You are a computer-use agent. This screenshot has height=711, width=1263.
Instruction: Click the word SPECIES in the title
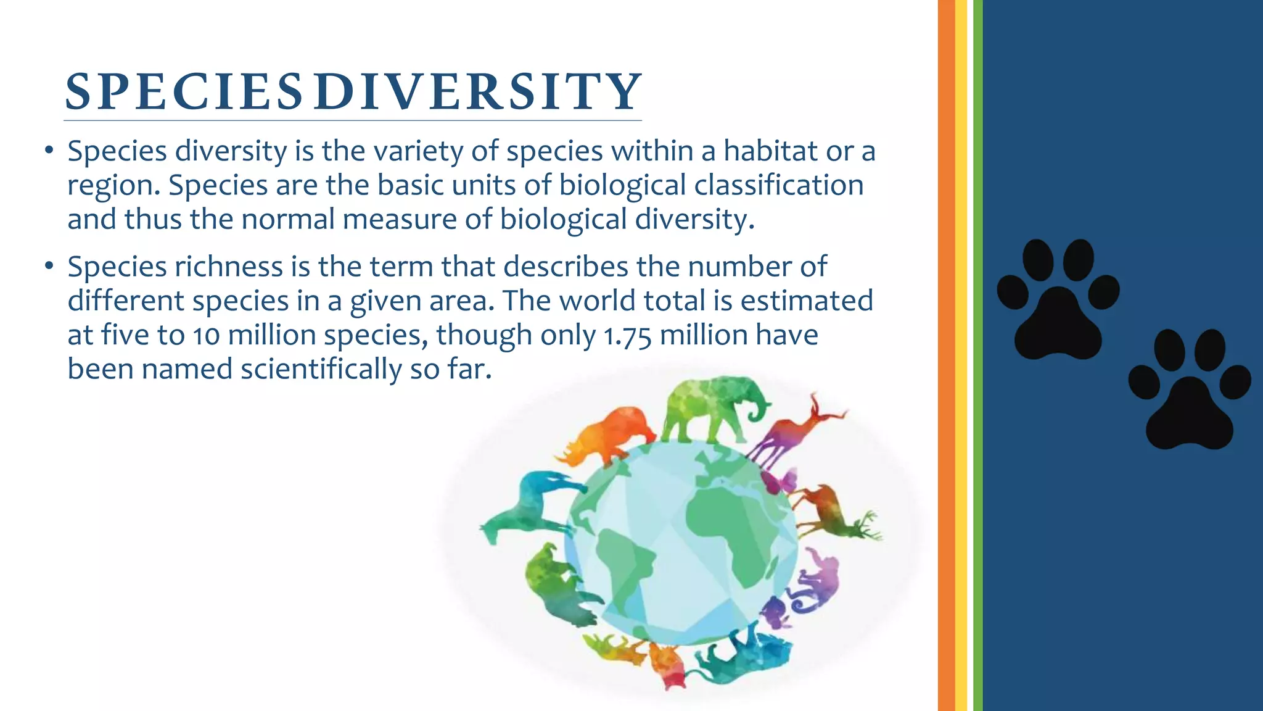[x=183, y=93]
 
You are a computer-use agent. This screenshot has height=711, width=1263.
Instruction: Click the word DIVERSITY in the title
[x=477, y=93]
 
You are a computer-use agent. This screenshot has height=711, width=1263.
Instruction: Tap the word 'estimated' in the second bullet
[x=807, y=301]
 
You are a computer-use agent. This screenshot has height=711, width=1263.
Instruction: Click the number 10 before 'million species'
[x=207, y=336]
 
